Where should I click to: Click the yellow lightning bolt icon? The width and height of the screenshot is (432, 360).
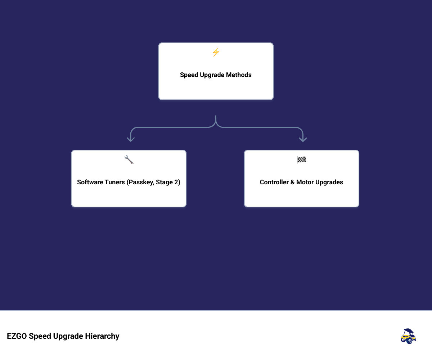[x=216, y=52]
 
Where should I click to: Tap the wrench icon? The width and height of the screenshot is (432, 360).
[x=129, y=160]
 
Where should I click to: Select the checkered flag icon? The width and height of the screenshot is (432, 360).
[x=301, y=160]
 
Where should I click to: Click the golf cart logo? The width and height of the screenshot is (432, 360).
[x=408, y=336]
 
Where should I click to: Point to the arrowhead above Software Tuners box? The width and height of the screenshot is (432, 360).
[x=131, y=139]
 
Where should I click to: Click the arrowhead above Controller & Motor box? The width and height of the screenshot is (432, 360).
[x=303, y=139]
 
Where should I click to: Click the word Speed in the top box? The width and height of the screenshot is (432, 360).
[x=189, y=75]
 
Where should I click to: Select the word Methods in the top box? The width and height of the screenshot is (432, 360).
[x=239, y=75]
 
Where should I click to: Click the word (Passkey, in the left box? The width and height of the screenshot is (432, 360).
[x=140, y=182]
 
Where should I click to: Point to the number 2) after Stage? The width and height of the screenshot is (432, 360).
[x=177, y=182]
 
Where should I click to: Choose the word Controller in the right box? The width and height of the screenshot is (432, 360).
[x=274, y=182]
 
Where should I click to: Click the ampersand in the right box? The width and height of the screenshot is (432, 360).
[x=292, y=182]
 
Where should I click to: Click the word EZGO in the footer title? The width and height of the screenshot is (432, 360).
[x=17, y=336]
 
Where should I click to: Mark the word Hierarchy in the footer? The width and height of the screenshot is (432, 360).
[x=102, y=336]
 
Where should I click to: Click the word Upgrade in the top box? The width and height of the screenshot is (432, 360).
[x=212, y=75]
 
